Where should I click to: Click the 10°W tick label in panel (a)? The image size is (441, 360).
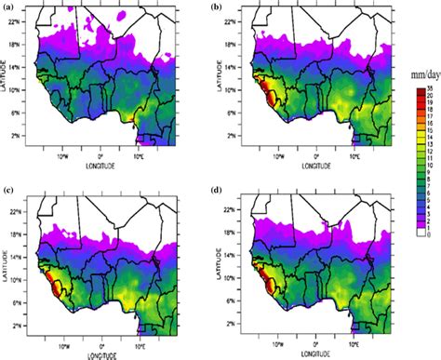point(61,156)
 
